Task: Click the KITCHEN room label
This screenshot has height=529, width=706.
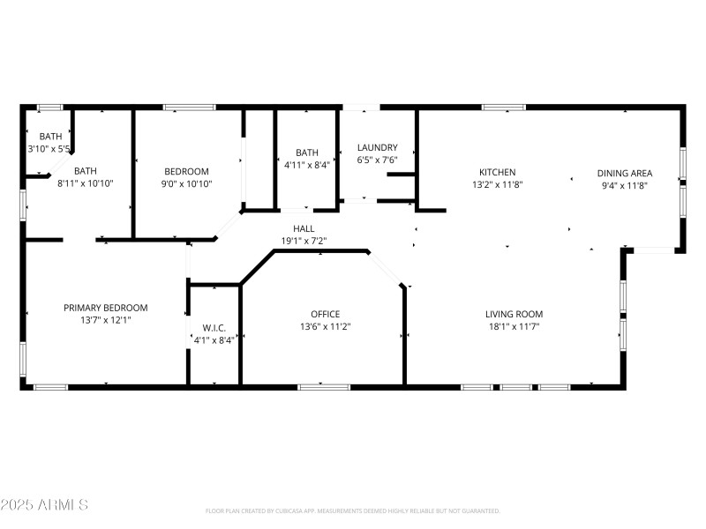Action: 497,172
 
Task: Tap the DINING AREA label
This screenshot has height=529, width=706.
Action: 624,173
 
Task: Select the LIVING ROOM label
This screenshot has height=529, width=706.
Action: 514,314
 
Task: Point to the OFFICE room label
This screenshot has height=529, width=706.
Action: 325,314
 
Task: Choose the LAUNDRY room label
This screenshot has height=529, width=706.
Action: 377,147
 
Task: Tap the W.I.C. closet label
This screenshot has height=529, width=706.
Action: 214,328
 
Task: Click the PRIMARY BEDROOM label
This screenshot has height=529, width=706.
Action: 105,308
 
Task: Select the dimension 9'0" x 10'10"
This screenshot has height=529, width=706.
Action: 186,184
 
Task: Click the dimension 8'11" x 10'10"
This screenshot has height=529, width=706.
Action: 86,184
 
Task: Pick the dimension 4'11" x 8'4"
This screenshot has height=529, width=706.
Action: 307,164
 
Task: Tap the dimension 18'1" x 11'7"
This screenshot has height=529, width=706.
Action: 514,327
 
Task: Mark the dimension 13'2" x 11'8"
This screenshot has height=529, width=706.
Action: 497,186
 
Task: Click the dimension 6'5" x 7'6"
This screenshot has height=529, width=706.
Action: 377,160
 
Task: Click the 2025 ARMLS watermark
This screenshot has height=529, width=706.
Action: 44,505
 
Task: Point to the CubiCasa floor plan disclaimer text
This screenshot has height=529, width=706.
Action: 352,510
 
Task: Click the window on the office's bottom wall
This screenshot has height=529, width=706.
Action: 324,386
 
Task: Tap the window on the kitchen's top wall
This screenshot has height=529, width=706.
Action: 503,108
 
